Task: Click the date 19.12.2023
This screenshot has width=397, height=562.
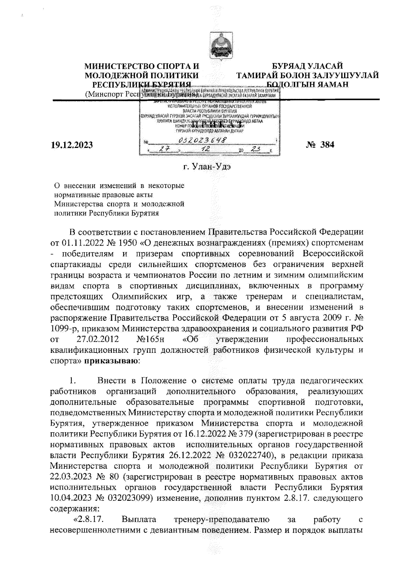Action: tap(71, 145)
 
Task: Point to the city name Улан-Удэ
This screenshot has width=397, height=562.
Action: tap(207, 167)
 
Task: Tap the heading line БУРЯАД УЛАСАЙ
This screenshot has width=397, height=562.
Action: tap(307, 67)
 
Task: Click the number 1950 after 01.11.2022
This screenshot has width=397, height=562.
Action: tap(127, 243)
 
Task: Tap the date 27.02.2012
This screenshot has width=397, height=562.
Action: tap(98, 339)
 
